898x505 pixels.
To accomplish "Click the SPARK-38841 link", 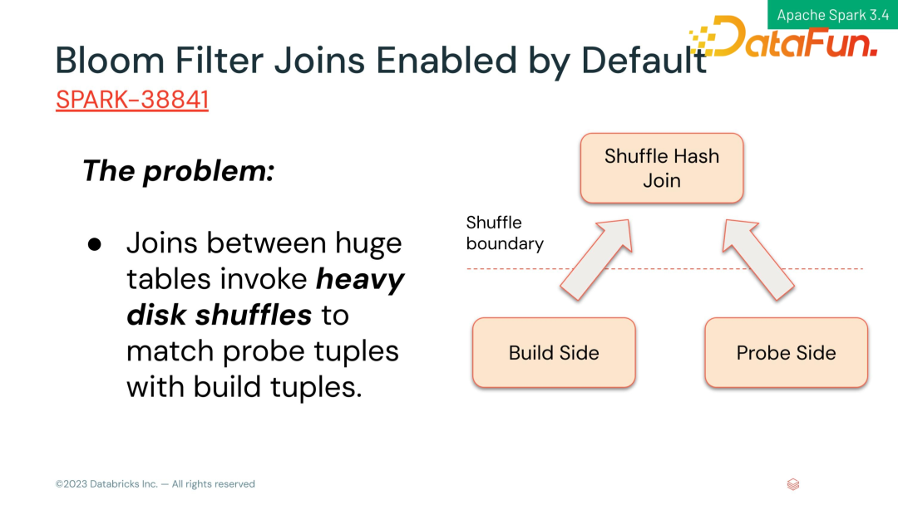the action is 131,100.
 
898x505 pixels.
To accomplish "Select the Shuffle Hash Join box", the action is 662,168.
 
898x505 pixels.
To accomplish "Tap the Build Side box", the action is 554,353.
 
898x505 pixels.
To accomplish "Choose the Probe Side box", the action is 787,353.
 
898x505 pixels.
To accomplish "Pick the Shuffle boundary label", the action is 505,233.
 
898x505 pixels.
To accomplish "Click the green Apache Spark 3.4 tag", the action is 832,15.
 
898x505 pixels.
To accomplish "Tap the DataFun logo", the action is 783,37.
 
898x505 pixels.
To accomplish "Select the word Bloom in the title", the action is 110,60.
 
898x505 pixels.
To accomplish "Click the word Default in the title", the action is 644,60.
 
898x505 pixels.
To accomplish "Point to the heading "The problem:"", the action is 178,170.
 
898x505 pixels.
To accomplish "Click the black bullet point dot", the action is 95,245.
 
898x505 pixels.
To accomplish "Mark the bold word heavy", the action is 360,280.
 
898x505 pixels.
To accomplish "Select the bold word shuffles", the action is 253,315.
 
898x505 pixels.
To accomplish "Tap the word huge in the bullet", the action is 368,244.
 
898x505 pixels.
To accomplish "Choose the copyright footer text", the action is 155,484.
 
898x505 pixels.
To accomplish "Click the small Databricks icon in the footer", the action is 793,484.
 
